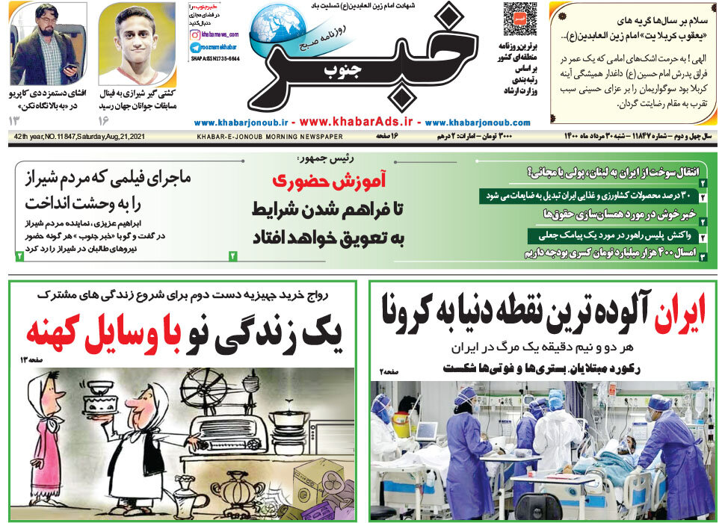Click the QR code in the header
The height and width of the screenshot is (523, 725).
519,19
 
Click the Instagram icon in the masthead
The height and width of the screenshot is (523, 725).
194,34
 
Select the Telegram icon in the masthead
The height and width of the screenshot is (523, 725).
194,47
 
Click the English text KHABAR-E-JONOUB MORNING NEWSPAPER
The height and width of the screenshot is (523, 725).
270,137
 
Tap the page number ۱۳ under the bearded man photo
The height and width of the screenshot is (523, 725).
16,120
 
